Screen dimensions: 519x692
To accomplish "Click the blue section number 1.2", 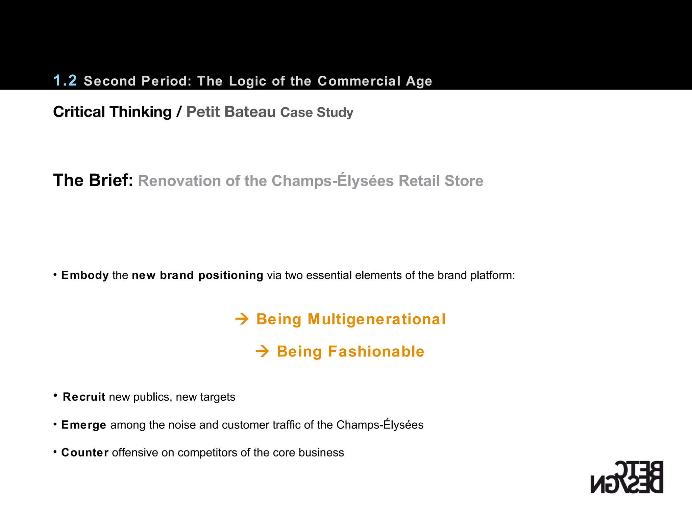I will coord(65,80).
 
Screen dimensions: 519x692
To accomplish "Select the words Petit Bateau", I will coord(231,112).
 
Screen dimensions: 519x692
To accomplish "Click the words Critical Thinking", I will coord(113,112).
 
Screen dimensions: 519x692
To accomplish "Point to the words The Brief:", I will coord(93,180).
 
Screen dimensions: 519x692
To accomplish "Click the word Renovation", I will coord(180,181).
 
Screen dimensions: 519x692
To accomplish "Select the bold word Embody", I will coord(85,275).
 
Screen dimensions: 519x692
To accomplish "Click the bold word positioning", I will coord(231,275).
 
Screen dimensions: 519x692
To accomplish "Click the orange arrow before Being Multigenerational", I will coord(242,319).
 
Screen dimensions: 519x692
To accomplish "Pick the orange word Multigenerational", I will coord(377,319).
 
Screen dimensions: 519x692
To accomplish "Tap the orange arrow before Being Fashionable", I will coord(263,351).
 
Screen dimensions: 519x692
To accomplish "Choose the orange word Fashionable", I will coord(376,351).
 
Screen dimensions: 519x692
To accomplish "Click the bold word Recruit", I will coord(84,397).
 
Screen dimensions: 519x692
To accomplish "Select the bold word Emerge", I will coord(84,425).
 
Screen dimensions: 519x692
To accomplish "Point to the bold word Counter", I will coord(85,452).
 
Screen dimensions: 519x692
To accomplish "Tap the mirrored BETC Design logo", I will coord(627,477).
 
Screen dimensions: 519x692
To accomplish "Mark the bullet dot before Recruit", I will coord(55,395).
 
